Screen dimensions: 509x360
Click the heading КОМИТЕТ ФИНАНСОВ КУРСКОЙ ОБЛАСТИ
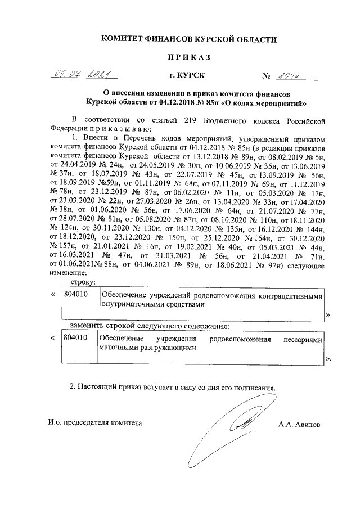coord(188,39)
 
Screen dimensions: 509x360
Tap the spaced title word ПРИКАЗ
coord(188,57)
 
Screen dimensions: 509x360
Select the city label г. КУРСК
coord(187,75)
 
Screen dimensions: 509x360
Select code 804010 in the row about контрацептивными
coord(75,295)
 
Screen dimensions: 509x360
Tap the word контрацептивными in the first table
coord(292,295)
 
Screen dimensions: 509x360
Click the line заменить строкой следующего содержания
coord(150,326)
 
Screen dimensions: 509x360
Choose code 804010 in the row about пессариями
coord(75,340)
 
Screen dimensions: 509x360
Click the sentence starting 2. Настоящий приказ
coord(172,388)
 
